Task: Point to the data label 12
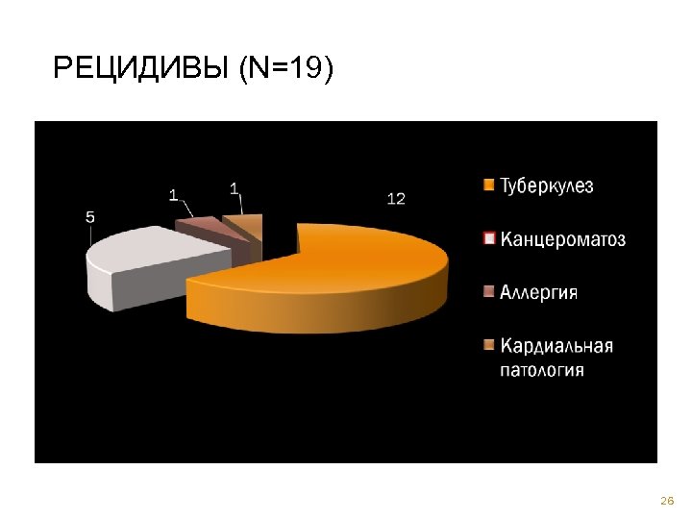click(x=396, y=198)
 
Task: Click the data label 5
click(x=90, y=217)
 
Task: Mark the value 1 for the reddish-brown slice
click(x=173, y=194)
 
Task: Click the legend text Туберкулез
click(x=546, y=186)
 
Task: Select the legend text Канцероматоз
click(x=562, y=239)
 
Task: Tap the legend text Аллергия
click(x=538, y=292)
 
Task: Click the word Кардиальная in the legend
click(x=556, y=345)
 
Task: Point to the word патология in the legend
click(x=541, y=369)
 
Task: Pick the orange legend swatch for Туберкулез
click(x=488, y=186)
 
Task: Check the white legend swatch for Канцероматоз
click(x=488, y=238)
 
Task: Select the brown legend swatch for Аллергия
click(x=488, y=291)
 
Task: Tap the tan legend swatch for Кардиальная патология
click(x=488, y=344)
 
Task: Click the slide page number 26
click(x=666, y=501)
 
